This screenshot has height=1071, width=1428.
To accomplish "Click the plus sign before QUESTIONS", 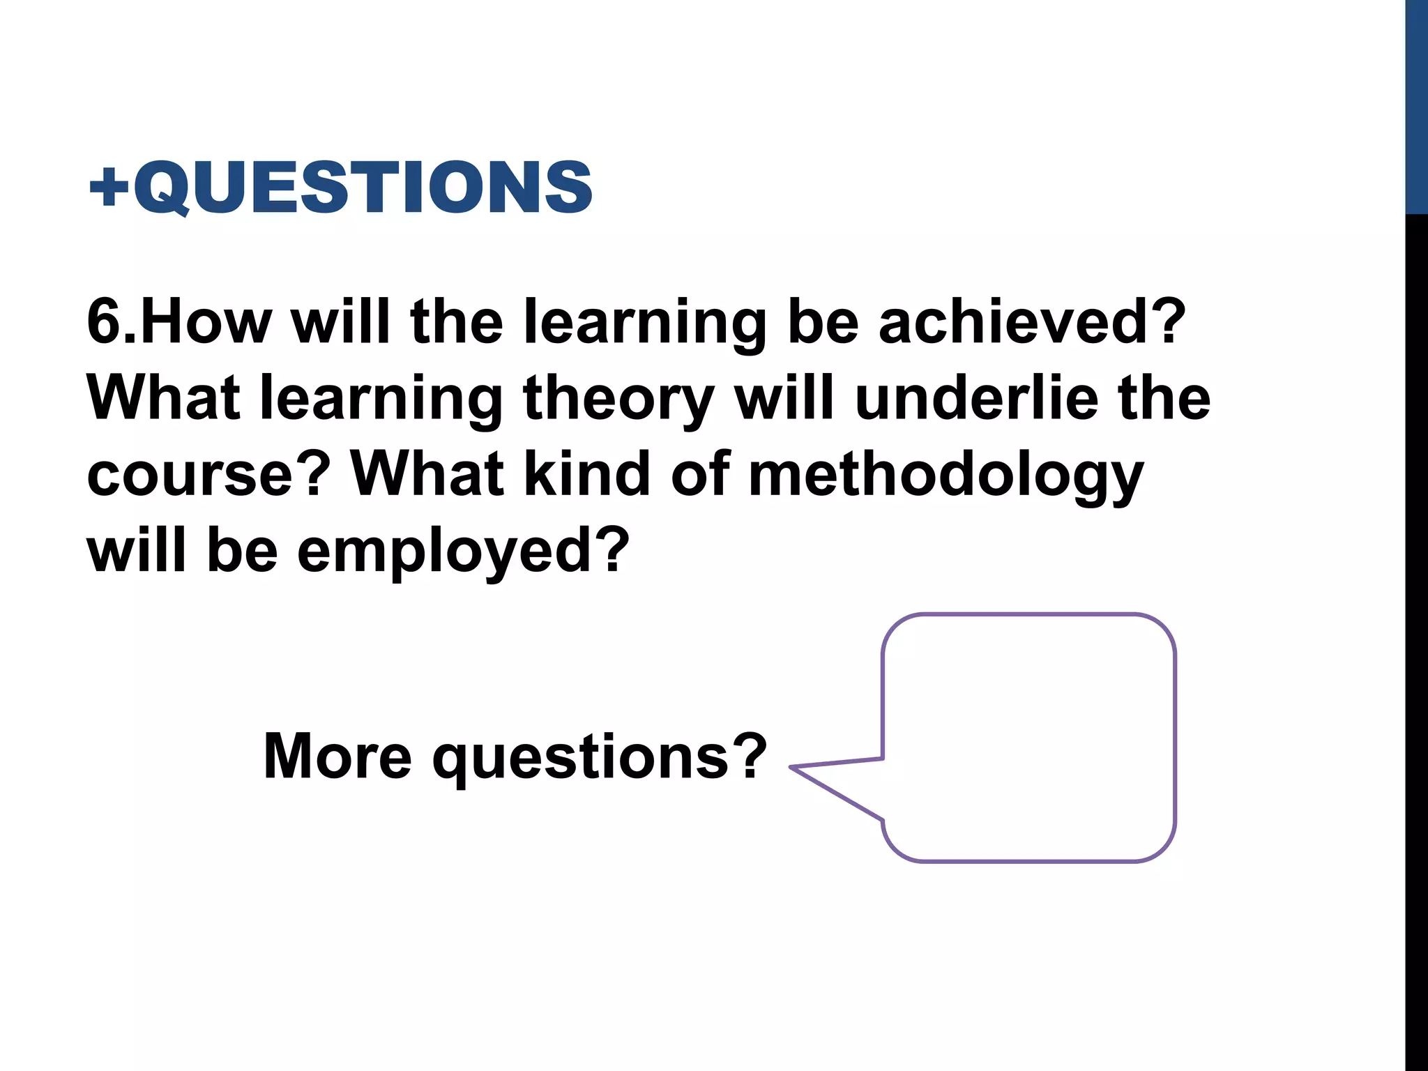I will pyautogui.click(x=110, y=187).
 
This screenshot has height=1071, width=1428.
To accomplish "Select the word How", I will pyautogui.click(x=206, y=322).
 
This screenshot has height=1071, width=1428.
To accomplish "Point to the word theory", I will pyautogui.click(x=618, y=400).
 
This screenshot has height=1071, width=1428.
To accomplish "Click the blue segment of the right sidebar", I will pyautogui.click(x=1416, y=105).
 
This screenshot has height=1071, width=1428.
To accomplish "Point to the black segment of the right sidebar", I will pyautogui.click(x=1416, y=628).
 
